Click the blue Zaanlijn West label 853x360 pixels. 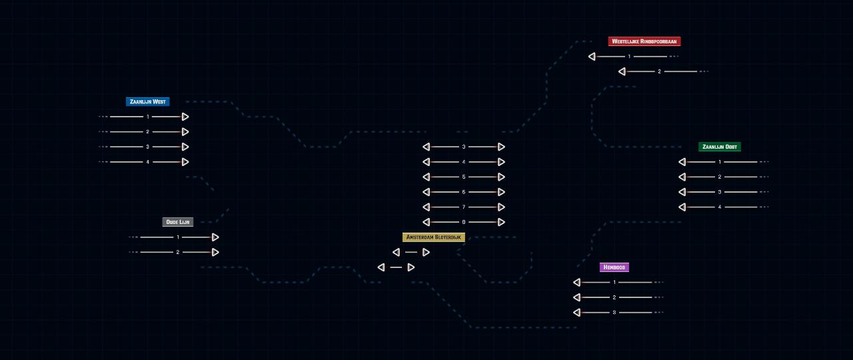pyautogui.click(x=148, y=102)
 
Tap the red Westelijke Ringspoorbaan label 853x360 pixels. pyautogui.click(x=644, y=41)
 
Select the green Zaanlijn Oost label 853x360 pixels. pyautogui.click(x=720, y=147)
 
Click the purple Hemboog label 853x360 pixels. pyautogui.click(x=614, y=267)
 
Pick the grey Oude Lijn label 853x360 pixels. pyautogui.click(x=178, y=222)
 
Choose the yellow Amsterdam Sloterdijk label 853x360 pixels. pyautogui.click(x=434, y=237)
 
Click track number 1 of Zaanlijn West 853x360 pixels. pyautogui.click(x=148, y=117)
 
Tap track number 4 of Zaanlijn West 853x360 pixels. pyautogui.click(x=148, y=162)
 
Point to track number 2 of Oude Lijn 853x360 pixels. pyautogui.click(x=178, y=252)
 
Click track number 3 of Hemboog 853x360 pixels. pyautogui.click(x=614, y=313)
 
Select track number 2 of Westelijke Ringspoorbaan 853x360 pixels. pyautogui.click(x=660, y=71)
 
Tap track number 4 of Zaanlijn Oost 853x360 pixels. pyautogui.click(x=720, y=207)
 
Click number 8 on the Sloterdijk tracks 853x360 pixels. pyautogui.click(x=464, y=222)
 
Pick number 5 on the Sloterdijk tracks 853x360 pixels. pyautogui.click(x=464, y=177)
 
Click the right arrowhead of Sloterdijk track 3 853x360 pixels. pyautogui.click(x=501, y=147)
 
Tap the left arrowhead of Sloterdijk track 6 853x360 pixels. pyautogui.click(x=426, y=192)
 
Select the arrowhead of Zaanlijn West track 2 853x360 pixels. pyautogui.click(x=185, y=132)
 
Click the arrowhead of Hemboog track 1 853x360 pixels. pyautogui.click(x=577, y=282)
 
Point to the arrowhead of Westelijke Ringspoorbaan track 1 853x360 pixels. pyautogui.click(x=592, y=57)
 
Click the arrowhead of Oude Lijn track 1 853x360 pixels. pyautogui.click(x=215, y=237)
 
